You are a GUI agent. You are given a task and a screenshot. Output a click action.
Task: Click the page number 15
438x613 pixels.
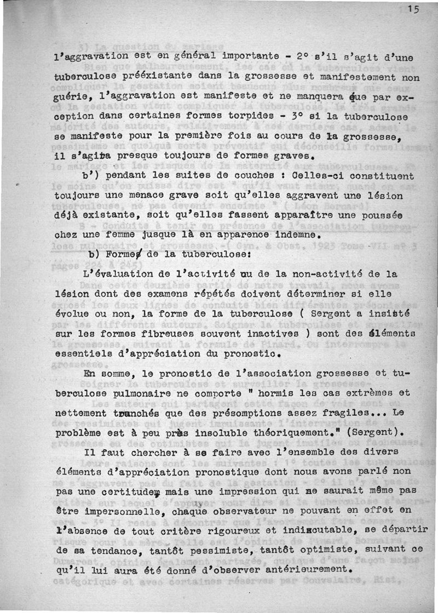[x=413, y=8]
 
